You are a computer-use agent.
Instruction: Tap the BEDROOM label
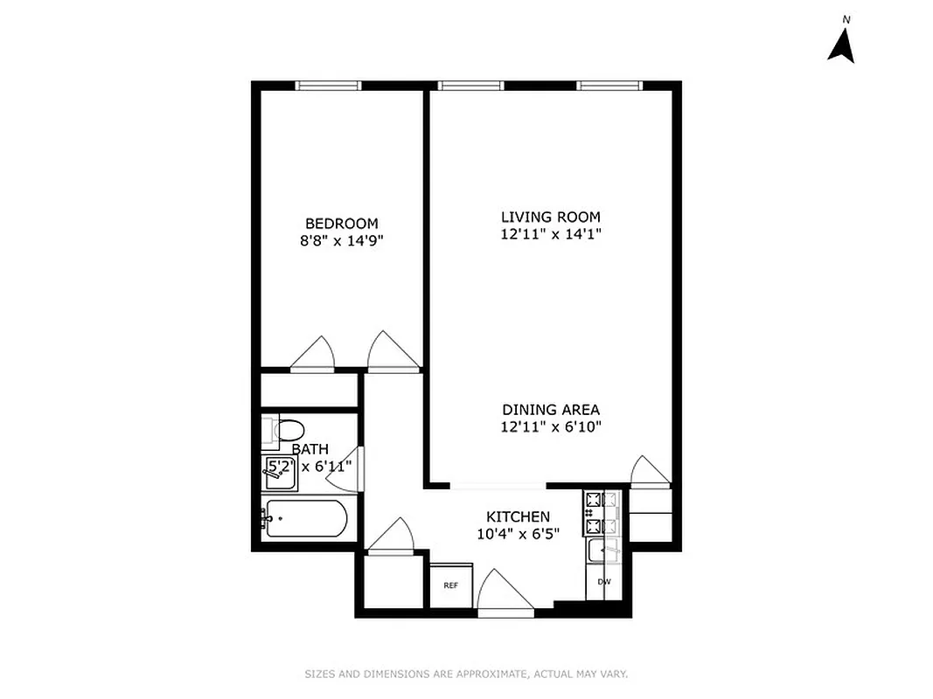click(x=341, y=224)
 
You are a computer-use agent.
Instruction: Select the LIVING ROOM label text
click(x=550, y=217)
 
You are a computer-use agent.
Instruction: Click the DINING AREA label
click(x=550, y=410)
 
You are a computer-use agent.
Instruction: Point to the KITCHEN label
click(x=518, y=516)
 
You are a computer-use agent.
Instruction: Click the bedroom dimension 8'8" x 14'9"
click(x=341, y=240)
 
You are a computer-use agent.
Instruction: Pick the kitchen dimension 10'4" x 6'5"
click(x=518, y=533)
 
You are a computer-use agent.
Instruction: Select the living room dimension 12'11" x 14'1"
click(x=550, y=233)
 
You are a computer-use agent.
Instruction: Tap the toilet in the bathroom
click(x=286, y=430)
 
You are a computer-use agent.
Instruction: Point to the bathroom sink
click(x=279, y=472)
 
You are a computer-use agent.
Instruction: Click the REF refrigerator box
click(x=450, y=585)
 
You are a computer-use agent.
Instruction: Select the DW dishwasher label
click(x=603, y=582)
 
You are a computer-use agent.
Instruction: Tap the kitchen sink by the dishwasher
click(x=603, y=550)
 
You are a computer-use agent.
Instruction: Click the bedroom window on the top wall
click(x=328, y=86)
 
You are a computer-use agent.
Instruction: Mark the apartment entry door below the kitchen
click(x=505, y=594)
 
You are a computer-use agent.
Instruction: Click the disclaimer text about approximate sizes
click(x=466, y=674)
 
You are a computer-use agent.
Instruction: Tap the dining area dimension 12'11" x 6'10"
click(x=550, y=426)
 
